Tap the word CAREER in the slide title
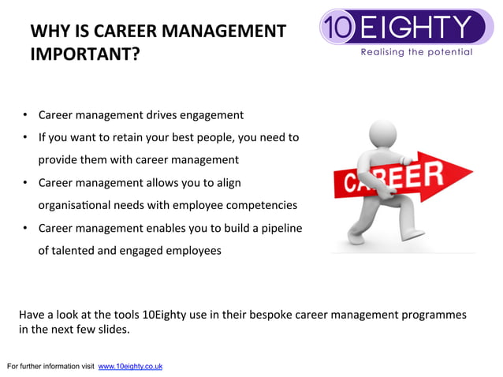129,32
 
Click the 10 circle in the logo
338,28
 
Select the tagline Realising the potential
416,52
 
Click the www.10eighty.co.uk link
130,367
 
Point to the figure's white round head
383,135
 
